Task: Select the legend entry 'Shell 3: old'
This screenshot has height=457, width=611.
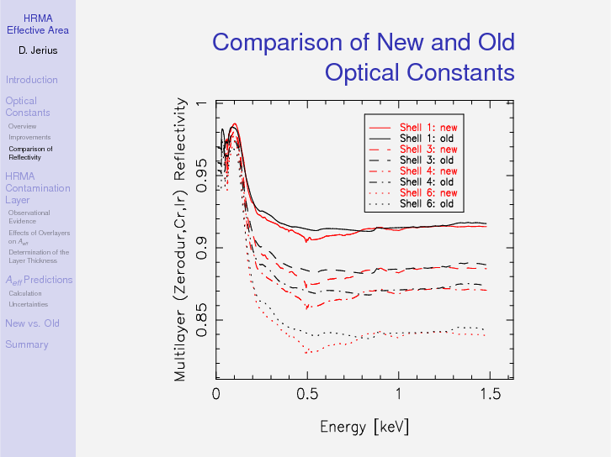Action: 426,160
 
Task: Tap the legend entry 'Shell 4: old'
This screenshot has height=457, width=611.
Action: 426,181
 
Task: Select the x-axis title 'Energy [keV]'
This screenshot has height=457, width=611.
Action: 364,427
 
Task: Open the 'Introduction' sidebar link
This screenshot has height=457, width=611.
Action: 31,80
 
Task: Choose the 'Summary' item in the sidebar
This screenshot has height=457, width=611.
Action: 26,344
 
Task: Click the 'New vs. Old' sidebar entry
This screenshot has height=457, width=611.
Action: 32,323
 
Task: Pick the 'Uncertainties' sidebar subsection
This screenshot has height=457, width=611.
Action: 28,304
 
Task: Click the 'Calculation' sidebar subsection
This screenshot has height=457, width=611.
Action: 25,293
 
